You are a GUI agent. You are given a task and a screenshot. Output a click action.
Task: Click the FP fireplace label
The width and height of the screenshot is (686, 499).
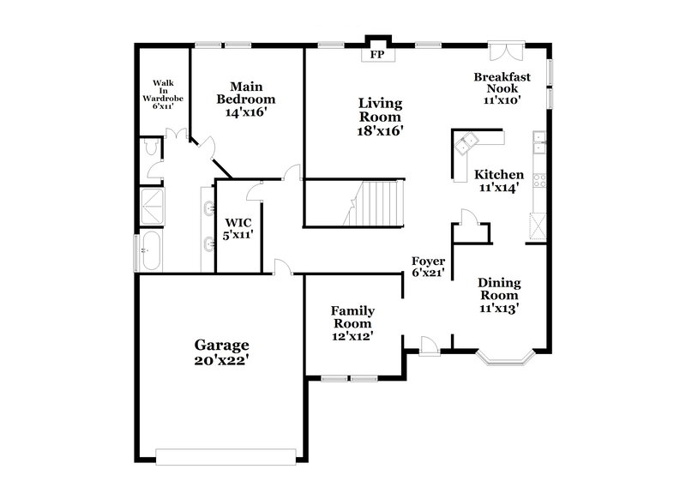[x=376, y=55]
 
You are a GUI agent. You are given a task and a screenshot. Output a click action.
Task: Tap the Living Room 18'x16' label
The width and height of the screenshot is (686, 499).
[x=380, y=117]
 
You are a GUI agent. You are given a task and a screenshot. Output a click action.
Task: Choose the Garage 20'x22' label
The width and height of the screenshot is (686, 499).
[x=220, y=352]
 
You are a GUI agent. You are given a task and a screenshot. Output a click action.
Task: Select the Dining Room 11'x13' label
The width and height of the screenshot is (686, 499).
[x=499, y=294]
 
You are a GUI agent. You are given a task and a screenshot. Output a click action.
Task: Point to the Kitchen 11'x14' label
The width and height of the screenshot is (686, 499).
[x=499, y=181]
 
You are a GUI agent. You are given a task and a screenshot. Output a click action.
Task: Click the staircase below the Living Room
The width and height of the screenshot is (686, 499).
[x=372, y=203]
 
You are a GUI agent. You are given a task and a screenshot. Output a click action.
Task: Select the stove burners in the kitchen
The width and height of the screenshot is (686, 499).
[x=539, y=180]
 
